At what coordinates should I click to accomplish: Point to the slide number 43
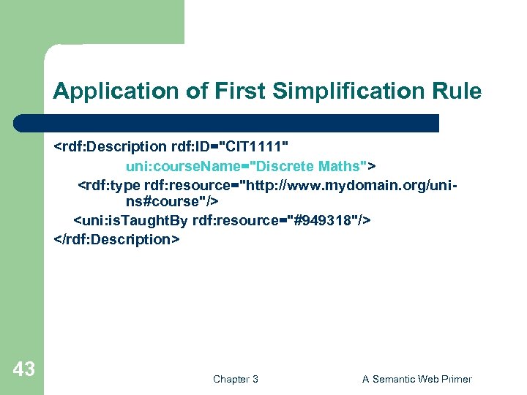coord(23,369)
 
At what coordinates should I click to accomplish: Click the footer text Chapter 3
coord(235,379)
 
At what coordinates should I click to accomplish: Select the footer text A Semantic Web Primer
coord(417,379)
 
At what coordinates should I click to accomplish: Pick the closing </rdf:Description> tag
coord(116,239)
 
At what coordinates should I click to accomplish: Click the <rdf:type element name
coord(109,184)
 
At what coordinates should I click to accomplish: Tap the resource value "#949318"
coord(322,221)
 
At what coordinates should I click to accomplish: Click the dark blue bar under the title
coord(227,122)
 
